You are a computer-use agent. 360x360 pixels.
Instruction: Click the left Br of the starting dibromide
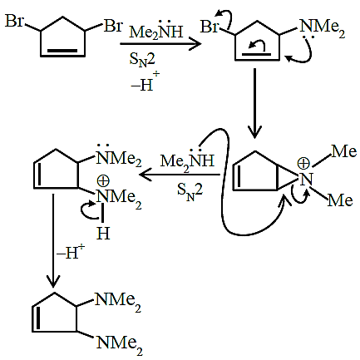14,21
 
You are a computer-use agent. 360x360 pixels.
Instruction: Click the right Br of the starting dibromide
113,26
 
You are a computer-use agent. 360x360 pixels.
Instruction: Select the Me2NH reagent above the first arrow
156,30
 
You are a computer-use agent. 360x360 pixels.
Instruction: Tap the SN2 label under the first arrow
142,60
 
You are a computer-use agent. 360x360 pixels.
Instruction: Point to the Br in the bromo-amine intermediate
210,27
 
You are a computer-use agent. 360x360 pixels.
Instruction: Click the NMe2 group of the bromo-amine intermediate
323,29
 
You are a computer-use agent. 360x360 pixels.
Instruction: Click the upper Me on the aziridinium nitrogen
344,151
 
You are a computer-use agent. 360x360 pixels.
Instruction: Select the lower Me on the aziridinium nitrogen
340,200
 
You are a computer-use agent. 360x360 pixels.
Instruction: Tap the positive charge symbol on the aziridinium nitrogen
303,164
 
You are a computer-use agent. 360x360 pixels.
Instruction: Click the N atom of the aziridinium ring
306,180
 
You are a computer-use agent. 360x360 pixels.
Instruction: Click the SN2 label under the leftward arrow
190,190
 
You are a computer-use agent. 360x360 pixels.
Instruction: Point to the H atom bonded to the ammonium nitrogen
103,233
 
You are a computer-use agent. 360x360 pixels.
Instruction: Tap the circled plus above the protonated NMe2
103,181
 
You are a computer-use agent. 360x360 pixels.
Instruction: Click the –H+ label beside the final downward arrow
71,253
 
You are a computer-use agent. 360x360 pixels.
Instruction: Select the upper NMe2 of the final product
118,302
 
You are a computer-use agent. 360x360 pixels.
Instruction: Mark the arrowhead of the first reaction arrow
195,44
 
